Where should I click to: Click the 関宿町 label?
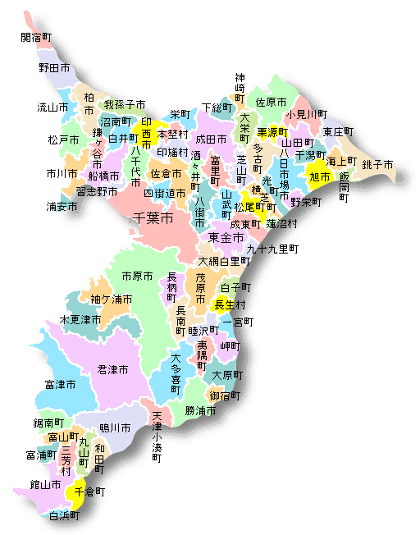(35, 38)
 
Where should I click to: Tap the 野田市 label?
(54, 68)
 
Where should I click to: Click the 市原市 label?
(137, 276)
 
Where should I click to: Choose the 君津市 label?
(112, 370)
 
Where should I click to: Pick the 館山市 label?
(45, 485)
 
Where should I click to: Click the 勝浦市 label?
(200, 410)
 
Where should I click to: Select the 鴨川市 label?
(115, 428)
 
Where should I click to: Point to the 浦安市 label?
(62, 206)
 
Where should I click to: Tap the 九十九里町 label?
(272, 248)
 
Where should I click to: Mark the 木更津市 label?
(80, 318)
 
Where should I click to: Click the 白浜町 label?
(64, 516)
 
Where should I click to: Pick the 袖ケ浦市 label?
(112, 300)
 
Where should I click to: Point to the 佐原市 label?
(271, 103)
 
